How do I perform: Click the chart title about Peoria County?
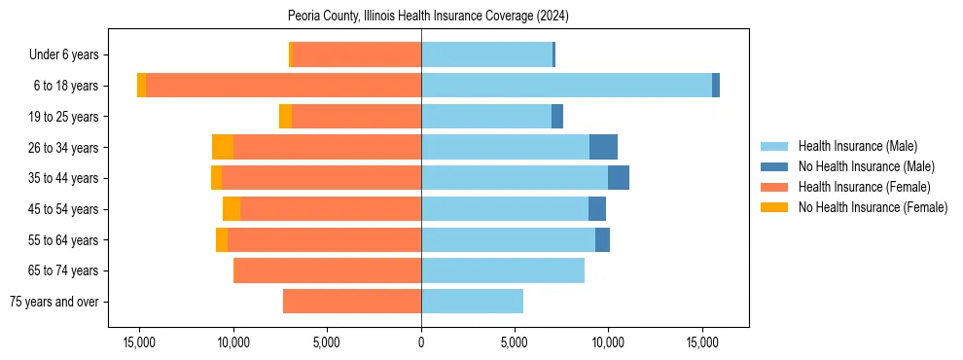tap(428, 16)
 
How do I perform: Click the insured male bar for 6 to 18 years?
tap(566, 86)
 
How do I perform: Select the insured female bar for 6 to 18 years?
tap(283, 86)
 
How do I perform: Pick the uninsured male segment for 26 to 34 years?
tap(603, 147)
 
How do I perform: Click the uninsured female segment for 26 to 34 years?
tap(223, 147)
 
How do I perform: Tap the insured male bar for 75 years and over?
tap(472, 302)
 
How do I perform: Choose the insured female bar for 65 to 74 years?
tap(327, 270)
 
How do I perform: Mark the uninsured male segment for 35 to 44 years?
tap(619, 178)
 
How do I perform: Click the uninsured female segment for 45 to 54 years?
tap(232, 209)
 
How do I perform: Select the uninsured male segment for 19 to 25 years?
tap(557, 117)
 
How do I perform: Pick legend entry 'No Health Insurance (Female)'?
tap(873, 207)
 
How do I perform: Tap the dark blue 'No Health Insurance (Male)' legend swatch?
tap(774, 166)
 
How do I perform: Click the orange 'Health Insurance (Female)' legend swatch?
tap(774, 187)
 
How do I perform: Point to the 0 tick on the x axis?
tap(421, 342)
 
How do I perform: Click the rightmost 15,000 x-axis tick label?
tap(702, 342)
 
